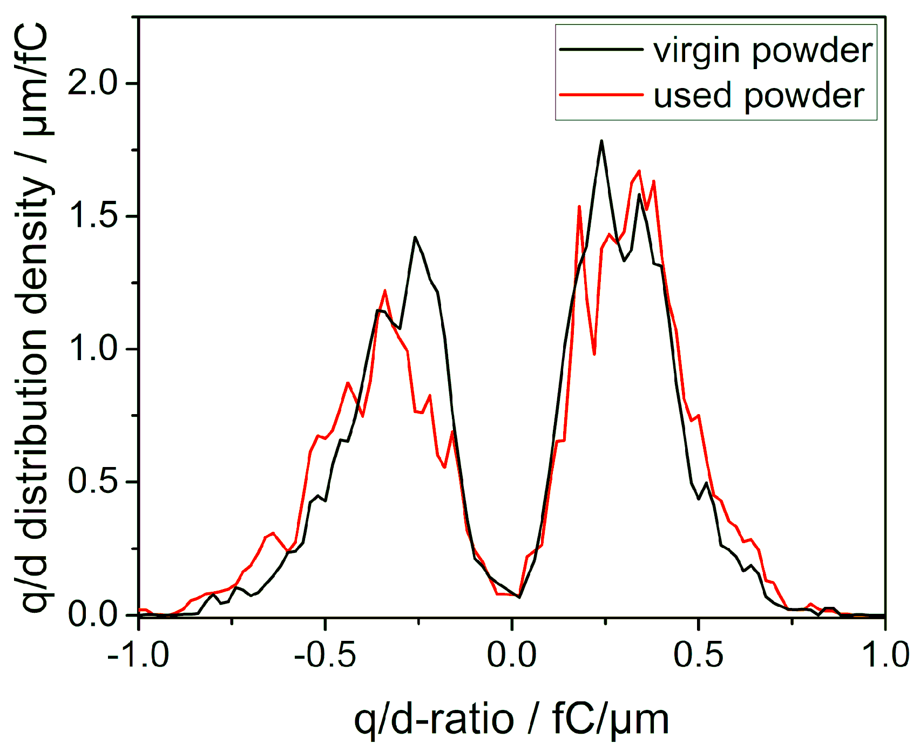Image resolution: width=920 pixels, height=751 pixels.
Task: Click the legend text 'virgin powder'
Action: point(762,51)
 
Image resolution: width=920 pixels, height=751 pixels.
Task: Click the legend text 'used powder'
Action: point(759,96)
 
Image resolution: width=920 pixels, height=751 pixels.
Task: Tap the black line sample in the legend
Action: point(601,49)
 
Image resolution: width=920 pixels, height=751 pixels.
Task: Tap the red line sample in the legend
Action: point(601,94)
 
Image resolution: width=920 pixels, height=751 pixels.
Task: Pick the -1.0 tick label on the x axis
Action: point(138,655)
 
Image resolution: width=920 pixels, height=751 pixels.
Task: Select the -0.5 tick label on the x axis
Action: point(325,655)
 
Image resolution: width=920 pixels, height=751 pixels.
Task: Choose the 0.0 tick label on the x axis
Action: point(511,655)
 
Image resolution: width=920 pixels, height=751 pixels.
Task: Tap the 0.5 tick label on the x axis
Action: point(698,655)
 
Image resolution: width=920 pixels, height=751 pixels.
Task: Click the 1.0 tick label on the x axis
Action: point(884,655)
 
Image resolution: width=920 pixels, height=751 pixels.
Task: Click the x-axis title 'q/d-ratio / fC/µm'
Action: point(511,720)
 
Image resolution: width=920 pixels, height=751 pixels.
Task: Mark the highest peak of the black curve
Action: point(601,141)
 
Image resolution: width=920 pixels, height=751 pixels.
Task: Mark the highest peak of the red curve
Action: point(639,171)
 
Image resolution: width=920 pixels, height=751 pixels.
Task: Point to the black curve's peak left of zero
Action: point(415,237)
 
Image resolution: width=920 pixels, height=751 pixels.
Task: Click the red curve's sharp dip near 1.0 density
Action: point(594,354)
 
